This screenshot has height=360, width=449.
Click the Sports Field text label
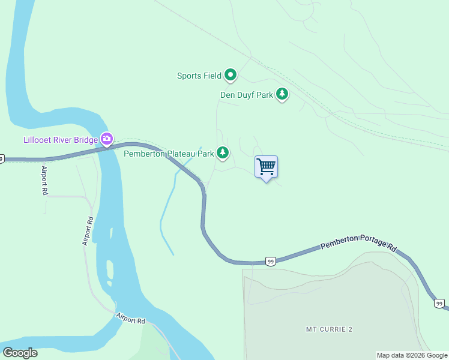coord(199,76)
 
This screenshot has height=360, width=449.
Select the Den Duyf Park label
coord(247,95)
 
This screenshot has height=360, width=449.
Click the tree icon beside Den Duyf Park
coord(282,94)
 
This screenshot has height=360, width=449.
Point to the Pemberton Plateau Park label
coord(169,154)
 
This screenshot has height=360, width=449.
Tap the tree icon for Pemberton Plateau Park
coord(223,153)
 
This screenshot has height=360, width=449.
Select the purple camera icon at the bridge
coord(106,139)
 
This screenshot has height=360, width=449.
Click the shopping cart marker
coord(266,166)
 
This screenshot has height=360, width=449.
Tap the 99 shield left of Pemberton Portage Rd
coord(271,262)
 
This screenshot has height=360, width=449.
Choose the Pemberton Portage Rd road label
coord(359,242)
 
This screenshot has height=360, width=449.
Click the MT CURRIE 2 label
coord(328,329)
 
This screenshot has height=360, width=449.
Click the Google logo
coord(20,353)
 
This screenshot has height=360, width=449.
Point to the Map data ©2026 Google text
coord(412,355)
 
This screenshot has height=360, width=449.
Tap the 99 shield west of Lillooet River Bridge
coord(2,159)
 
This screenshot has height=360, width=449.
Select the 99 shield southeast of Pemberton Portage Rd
coord(439,304)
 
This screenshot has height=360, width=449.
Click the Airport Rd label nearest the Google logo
coord(131,318)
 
